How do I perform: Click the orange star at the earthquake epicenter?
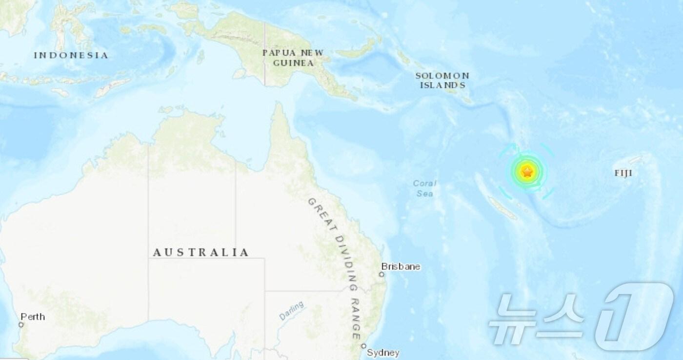coord(527,172)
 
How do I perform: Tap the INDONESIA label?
coord(71,55)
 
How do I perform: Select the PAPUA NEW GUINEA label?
coord(292,58)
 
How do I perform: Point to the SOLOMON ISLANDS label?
coord(442,80)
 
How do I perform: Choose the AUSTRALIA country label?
coord(201,252)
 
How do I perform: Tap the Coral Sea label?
coord(424,188)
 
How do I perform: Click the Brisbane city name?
coord(401,267)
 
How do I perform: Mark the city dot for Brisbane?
coord(382,275)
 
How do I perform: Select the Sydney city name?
coord(383,352)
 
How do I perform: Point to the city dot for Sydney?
coord(364,346)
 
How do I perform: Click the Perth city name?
coord(33,317)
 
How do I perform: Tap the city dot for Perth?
coord(21,324)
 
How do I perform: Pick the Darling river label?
coord(292,310)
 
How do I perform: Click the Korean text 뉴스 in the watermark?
coord(537,320)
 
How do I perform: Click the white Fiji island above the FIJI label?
coord(635,160)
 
